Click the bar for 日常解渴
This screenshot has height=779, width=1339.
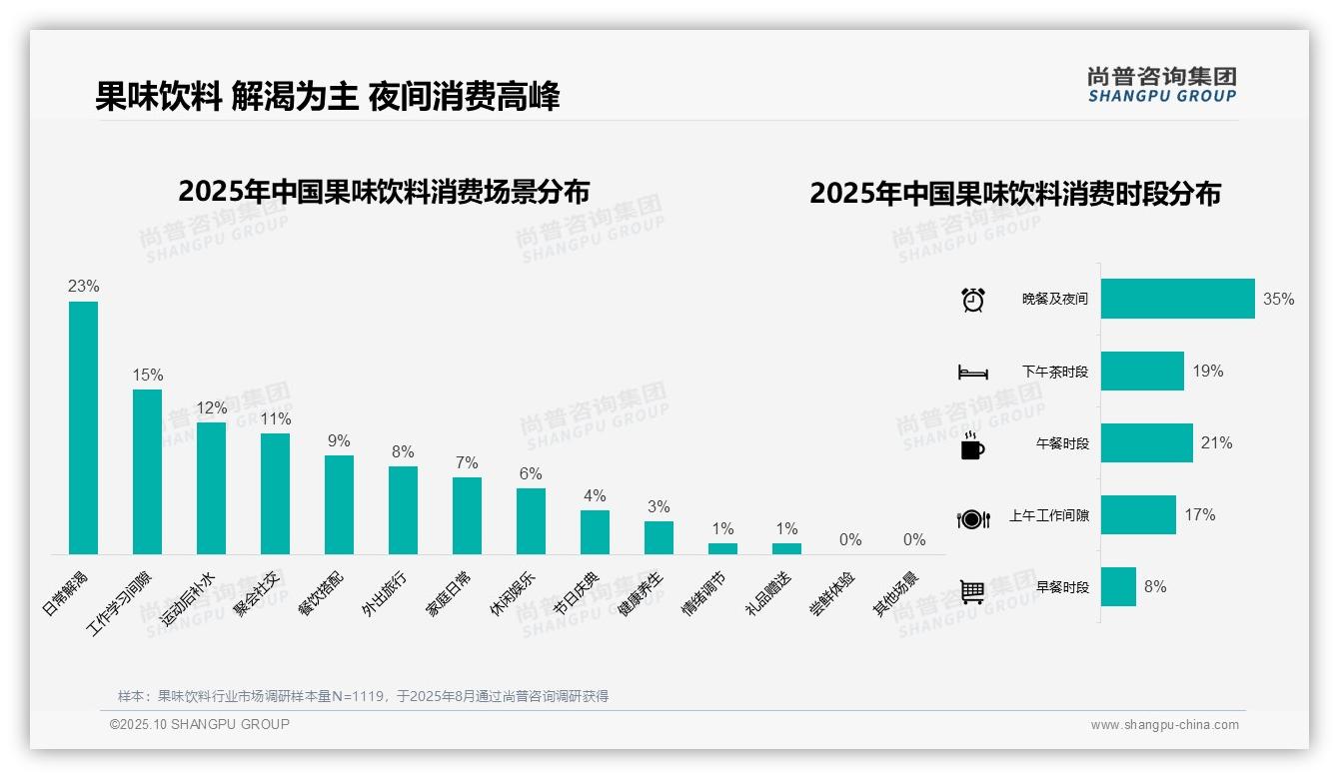coord(83,427)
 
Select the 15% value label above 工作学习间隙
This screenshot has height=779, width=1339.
coord(147,375)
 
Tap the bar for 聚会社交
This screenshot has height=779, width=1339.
coord(275,493)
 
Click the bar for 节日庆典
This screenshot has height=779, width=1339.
coord(595,532)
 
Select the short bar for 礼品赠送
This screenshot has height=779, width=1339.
coord(786,548)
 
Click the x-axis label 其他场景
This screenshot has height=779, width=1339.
coord(895,594)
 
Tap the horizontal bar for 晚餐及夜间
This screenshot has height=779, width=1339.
coord(1177,299)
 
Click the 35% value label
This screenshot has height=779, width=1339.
coord(1278,299)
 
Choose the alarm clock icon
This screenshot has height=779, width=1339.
coord(972,300)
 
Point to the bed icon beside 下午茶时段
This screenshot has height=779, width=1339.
coord(972,372)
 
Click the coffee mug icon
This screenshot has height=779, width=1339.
coord(972,444)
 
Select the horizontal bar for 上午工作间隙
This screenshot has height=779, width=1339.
coord(1138,515)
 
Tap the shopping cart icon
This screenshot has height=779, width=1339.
coord(972,591)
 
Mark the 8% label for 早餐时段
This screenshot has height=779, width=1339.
coord(1155,587)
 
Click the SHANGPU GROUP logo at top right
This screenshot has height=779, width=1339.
coord(1161,84)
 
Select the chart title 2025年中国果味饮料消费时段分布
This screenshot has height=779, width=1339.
coord(1015,194)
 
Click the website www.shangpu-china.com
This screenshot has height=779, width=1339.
coord(1164,725)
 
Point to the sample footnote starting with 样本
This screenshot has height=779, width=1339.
coord(363,696)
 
